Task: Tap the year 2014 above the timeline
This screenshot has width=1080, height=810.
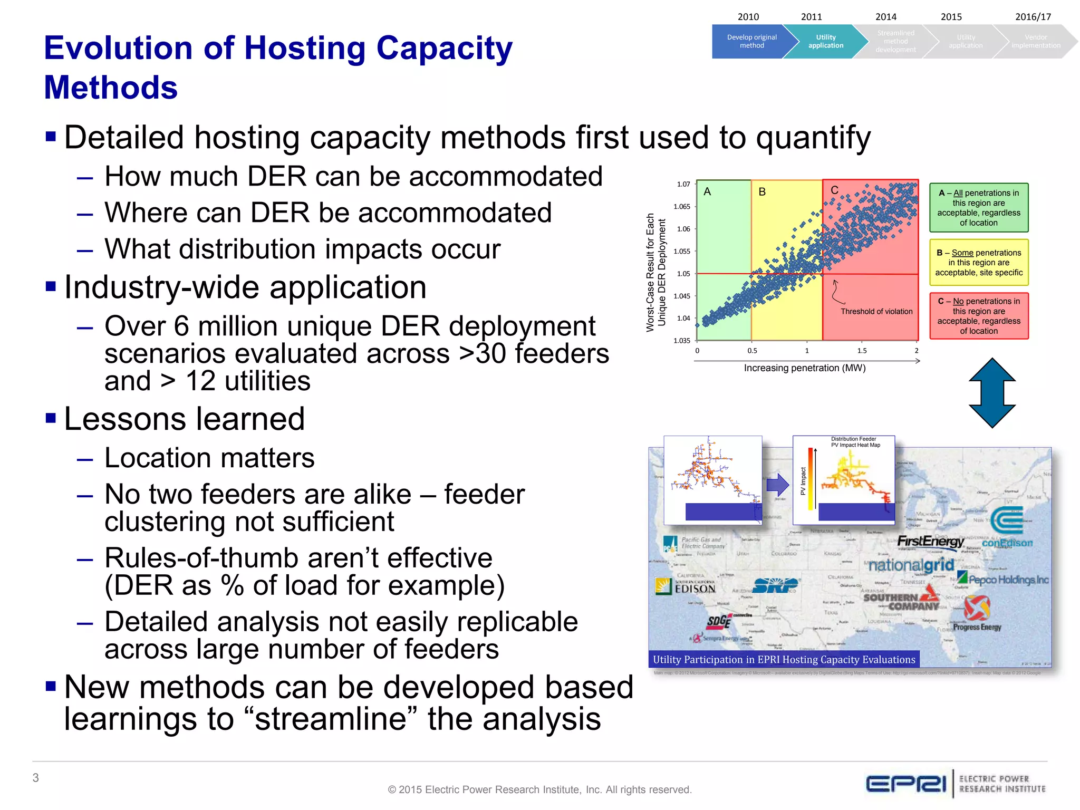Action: pyautogui.click(x=886, y=17)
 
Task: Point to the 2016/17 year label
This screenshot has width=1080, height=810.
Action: pyautogui.click(x=1033, y=17)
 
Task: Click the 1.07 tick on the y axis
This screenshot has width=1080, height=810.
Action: pyautogui.click(x=683, y=184)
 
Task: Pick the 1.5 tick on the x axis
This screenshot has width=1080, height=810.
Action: pyautogui.click(x=862, y=351)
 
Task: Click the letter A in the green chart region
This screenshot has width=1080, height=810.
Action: pyautogui.click(x=707, y=192)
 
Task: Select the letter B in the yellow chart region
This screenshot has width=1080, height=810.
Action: pyautogui.click(x=762, y=192)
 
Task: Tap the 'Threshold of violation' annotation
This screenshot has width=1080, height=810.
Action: pyautogui.click(x=876, y=312)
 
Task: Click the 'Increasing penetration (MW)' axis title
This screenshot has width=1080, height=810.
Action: pyautogui.click(x=805, y=368)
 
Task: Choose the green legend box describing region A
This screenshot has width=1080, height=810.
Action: pyautogui.click(x=979, y=208)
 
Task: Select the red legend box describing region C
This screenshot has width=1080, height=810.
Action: pyautogui.click(x=979, y=316)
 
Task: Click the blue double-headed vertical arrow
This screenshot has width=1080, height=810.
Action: pyautogui.click(x=992, y=392)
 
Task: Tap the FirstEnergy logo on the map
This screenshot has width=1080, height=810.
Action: pyautogui.click(x=930, y=542)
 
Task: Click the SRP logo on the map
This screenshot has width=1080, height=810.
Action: pyautogui.click(x=775, y=585)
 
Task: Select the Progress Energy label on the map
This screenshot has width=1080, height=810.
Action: pyautogui.click(x=977, y=627)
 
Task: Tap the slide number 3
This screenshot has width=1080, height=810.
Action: pyautogui.click(x=36, y=778)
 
